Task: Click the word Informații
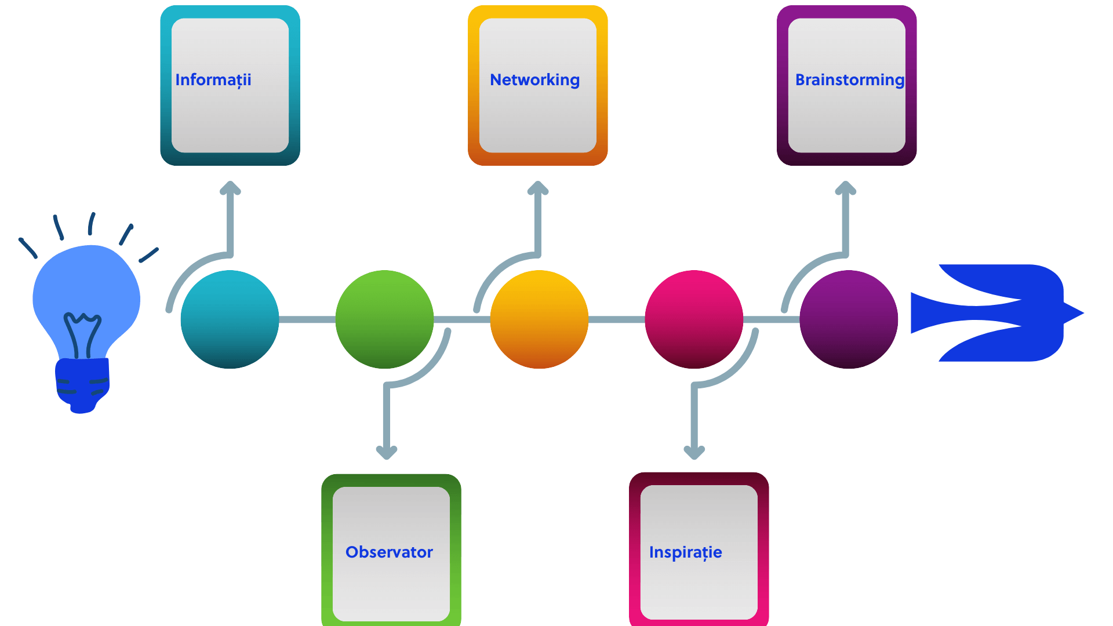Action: [x=213, y=80]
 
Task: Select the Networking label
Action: [x=534, y=80]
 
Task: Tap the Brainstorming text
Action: [x=850, y=80]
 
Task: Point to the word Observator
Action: [x=389, y=552]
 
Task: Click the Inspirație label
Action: [x=686, y=552]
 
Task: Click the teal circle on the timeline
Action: [x=230, y=319]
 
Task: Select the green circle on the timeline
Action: [x=384, y=319]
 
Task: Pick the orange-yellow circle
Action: [x=539, y=319]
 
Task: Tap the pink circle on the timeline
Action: [x=694, y=319]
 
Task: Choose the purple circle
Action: [x=849, y=319]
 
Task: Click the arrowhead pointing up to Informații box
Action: [x=230, y=187]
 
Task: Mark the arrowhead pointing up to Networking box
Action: [x=538, y=187]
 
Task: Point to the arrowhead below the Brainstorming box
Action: [x=846, y=187]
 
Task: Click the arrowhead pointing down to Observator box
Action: [x=387, y=453]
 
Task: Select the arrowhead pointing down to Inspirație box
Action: [x=694, y=453]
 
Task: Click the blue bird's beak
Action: [x=1074, y=313]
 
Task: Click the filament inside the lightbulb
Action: [x=82, y=335]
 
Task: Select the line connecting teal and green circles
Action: [x=307, y=319]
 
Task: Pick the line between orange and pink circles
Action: [x=617, y=319]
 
